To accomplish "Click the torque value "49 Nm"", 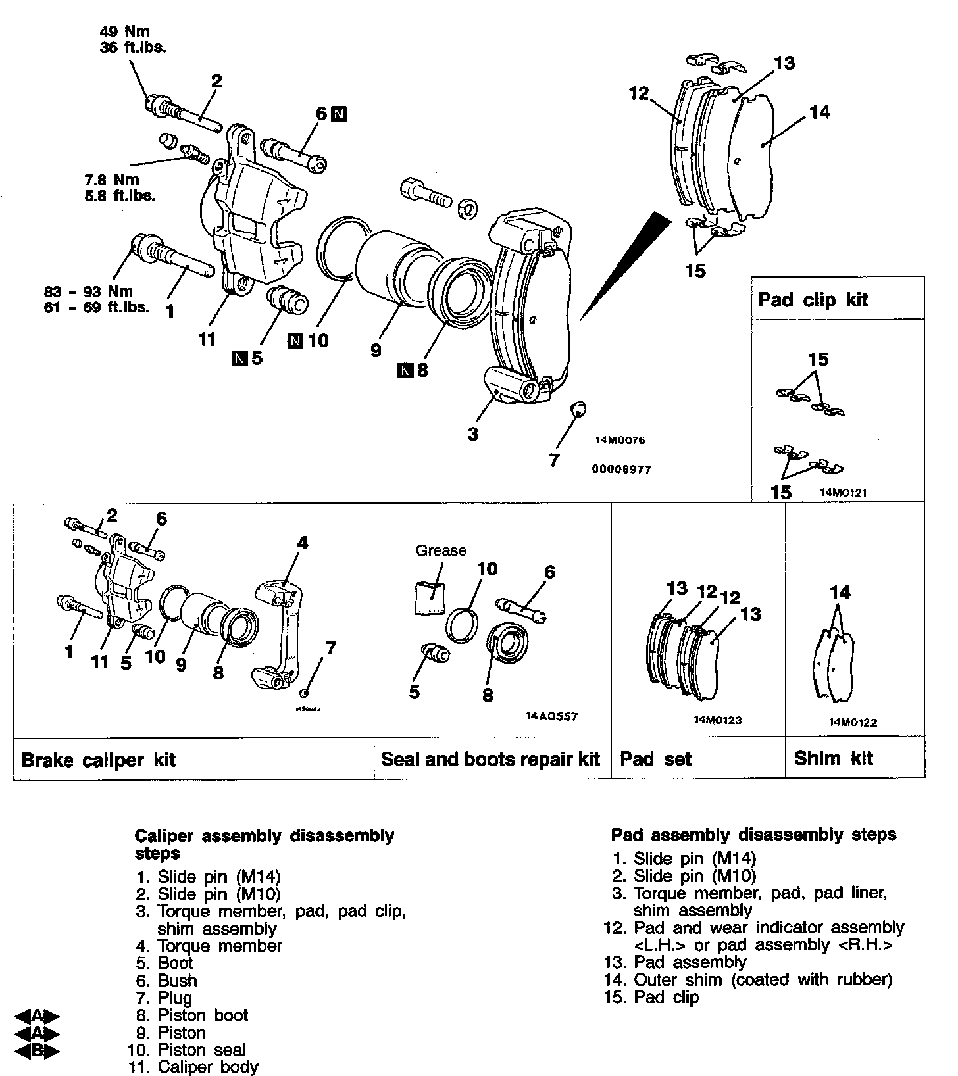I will coord(124,31).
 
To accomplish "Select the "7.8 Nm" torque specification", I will coord(112,180).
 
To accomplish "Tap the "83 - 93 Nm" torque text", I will coord(88,291).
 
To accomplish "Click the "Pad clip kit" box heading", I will coord(813,300).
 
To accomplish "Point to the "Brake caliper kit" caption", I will coord(98,760).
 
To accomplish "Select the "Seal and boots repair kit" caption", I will coord(490,759).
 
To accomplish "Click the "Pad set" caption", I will coord(655,760).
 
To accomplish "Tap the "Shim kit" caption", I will coord(833,758).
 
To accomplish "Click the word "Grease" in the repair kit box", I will coord(441,550).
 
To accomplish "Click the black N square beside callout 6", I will coord(339,114).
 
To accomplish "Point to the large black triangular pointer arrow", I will coord(625,263).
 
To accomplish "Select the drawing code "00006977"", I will coord(622,470).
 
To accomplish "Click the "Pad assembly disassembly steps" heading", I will coord(753,835).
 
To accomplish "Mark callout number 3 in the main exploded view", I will coord(473,434).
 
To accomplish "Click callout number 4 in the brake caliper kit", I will coord(302,543).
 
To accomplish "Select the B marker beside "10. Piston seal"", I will coord(37,1050).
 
